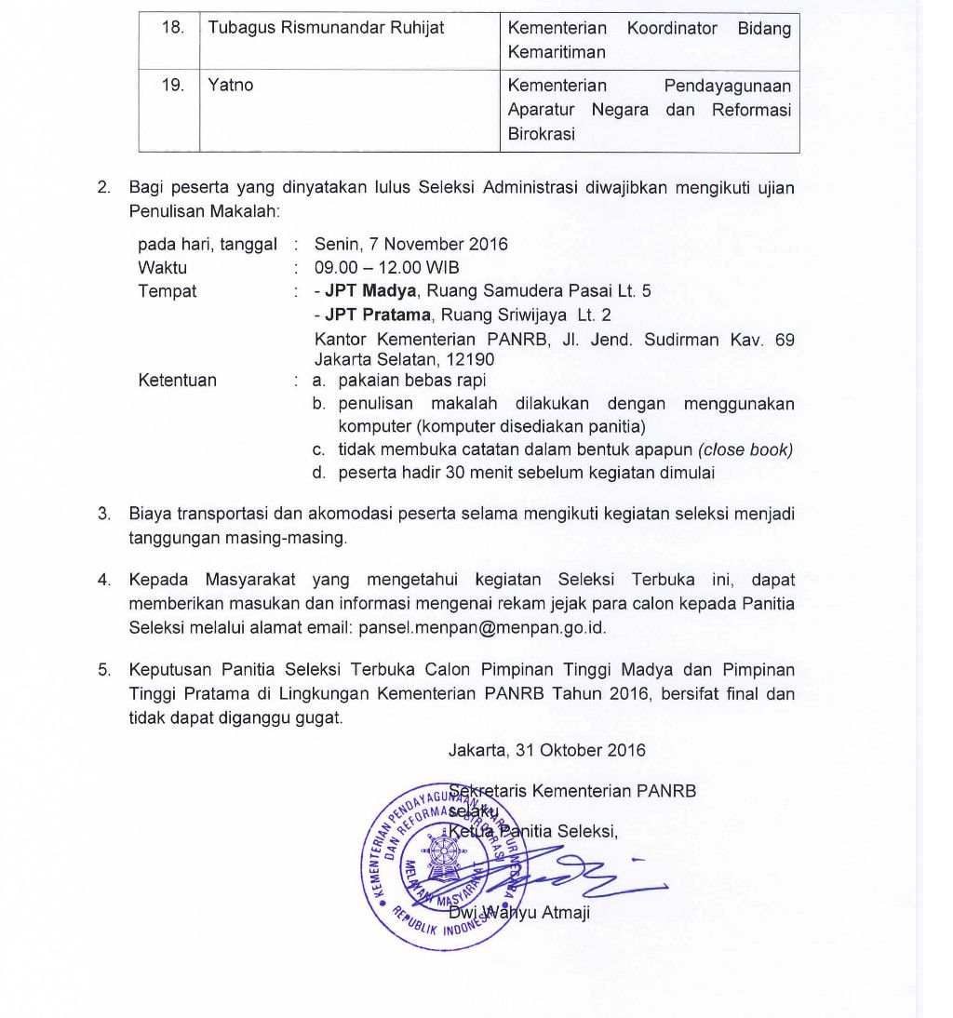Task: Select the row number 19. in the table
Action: coord(172,86)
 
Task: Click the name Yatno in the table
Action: coord(231,86)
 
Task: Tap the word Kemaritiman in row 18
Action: coord(557,52)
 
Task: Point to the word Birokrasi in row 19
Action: coord(542,133)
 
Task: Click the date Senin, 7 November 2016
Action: coord(411,245)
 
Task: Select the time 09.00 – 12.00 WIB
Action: coord(386,268)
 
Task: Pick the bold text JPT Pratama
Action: coord(378,315)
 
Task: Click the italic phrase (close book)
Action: coord(745,449)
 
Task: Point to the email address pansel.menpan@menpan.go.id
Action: coord(482,627)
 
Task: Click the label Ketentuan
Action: coord(177,381)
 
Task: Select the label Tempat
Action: coord(168,291)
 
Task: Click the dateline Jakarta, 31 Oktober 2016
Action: coord(546,750)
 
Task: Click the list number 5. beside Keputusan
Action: coord(104,670)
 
